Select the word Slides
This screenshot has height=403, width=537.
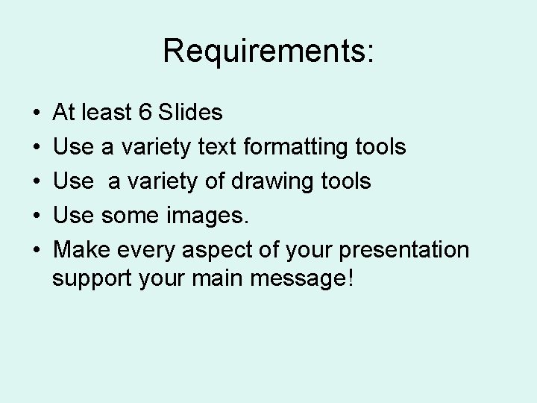(x=191, y=113)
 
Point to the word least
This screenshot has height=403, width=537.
(x=107, y=113)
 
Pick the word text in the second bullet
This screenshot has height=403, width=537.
(x=216, y=147)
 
